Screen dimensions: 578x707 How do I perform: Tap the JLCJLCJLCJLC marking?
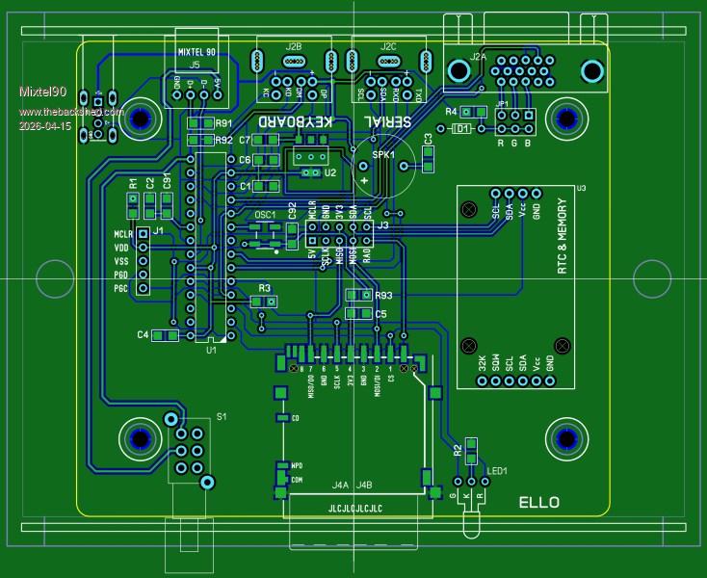pyautogui.click(x=354, y=508)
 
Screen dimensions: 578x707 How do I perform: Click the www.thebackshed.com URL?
pyautogui.click(x=72, y=112)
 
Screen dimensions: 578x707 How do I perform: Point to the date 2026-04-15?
pyautogui.click(x=45, y=126)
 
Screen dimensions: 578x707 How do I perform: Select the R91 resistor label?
pyautogui.click(x=223, y=124)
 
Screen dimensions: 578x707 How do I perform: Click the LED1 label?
pyautogui.click(x=497, y=471)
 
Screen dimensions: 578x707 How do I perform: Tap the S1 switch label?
pyautogui.click(x=222, y=416)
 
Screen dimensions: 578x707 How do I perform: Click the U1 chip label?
pyautogui.click(x=211, y=351)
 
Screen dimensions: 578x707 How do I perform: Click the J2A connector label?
pyautogui.click(x=478, y=57)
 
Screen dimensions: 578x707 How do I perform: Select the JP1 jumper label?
pyautogui.click(x=502, y=103)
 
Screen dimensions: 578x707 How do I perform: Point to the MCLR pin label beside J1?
pyautogui.click(x=122, y=234)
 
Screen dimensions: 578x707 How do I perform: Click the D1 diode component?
pyautogui.click(x=462, y=127)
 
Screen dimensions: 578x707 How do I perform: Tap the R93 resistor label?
pyautogui.click(x=383, y=296)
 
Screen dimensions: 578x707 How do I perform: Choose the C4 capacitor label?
pyautogui.click(x=143, y=334)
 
